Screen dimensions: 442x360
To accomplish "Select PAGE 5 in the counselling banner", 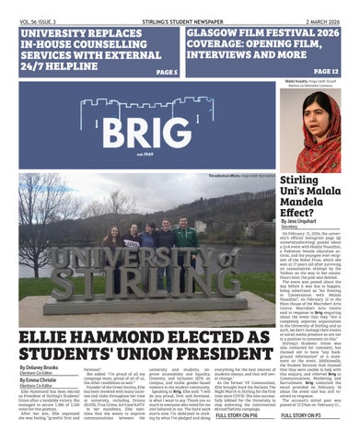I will coord(166,71).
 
